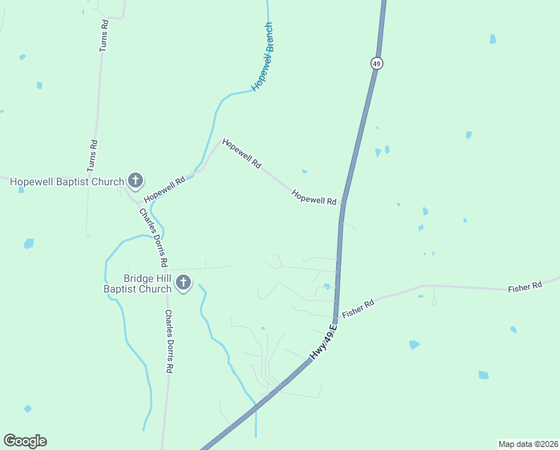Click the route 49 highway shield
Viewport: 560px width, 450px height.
[x=377, y=64]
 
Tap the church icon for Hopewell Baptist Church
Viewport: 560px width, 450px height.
[x=136, y=180]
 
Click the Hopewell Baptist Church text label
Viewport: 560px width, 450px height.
[x=66, y=181]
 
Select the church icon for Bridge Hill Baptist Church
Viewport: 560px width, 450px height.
[x=183, y=283]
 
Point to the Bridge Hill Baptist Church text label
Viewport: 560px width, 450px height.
[x=136, y=283]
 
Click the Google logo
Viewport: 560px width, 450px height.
[x=25, y=441]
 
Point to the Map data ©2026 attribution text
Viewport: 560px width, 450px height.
[x=528, y=443]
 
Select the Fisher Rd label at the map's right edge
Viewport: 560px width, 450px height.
[x=524, y=287]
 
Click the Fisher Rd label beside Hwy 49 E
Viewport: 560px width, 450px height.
[x=358, y=308]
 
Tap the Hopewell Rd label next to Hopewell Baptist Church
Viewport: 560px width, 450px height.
[x=165, y=189]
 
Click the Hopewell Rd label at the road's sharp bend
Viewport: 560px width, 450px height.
[x=241, y=153]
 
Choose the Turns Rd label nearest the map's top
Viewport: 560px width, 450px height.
[x=104, y=35]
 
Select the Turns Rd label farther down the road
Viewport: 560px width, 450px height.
[x=94, y=154]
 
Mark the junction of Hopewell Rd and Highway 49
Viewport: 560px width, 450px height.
[x=343, y=202]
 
